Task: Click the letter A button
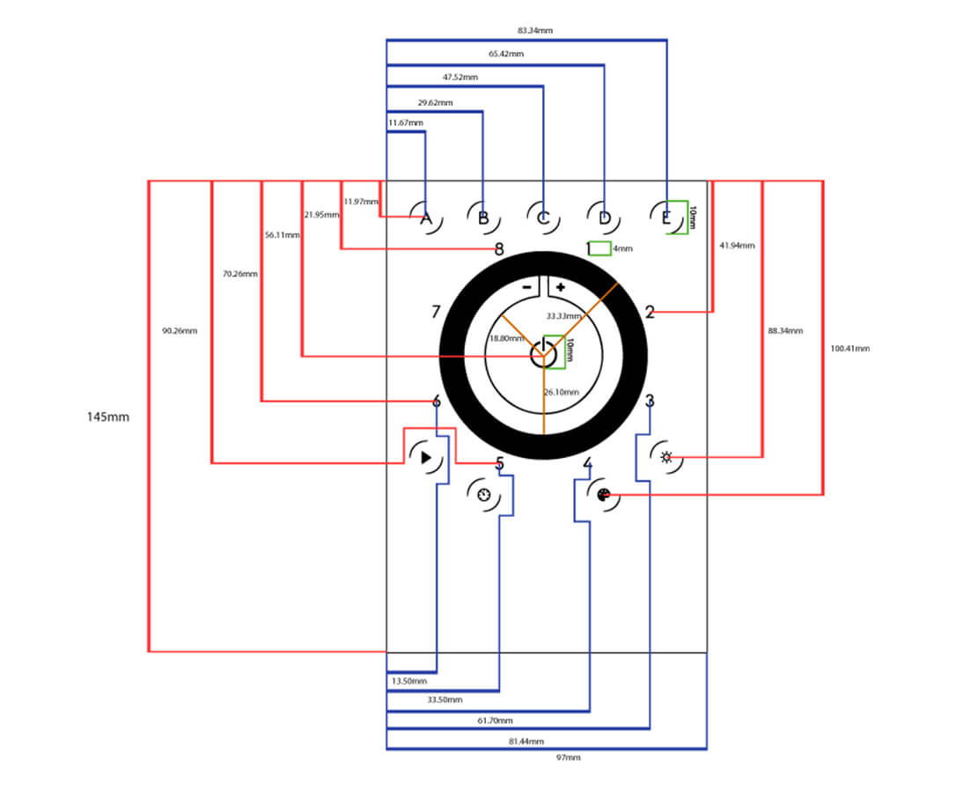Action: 426,218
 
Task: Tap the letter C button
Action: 543,218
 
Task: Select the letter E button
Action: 666,218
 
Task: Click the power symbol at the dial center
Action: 543,355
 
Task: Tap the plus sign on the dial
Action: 561,287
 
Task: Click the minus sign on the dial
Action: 526,287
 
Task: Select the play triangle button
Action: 426,457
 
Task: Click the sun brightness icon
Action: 666,457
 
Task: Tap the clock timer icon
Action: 483,495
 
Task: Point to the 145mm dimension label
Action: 108,417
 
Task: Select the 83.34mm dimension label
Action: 535,31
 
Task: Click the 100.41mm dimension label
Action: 850,349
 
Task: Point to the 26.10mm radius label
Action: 561,392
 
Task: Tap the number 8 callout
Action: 499,249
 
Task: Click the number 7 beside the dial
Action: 436,312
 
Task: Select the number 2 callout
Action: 650,312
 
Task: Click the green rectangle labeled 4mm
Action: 599,248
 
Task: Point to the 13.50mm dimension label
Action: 409,681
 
